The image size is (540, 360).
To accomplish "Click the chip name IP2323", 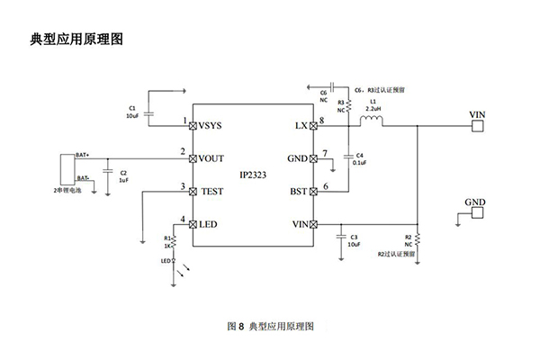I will [x=254, y=175].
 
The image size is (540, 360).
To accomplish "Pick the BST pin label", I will [x=298, y=192].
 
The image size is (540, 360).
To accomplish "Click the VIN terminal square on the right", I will [x=477, y=126].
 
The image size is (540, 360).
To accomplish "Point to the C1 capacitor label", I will [x=131, y=107].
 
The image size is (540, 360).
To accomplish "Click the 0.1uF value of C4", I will [x=360, y=163].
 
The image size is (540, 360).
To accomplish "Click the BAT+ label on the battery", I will [x=82, y=155].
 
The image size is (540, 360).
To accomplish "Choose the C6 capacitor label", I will [x=322, y=92].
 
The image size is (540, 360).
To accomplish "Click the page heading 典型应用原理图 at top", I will [x=76, y=39].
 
